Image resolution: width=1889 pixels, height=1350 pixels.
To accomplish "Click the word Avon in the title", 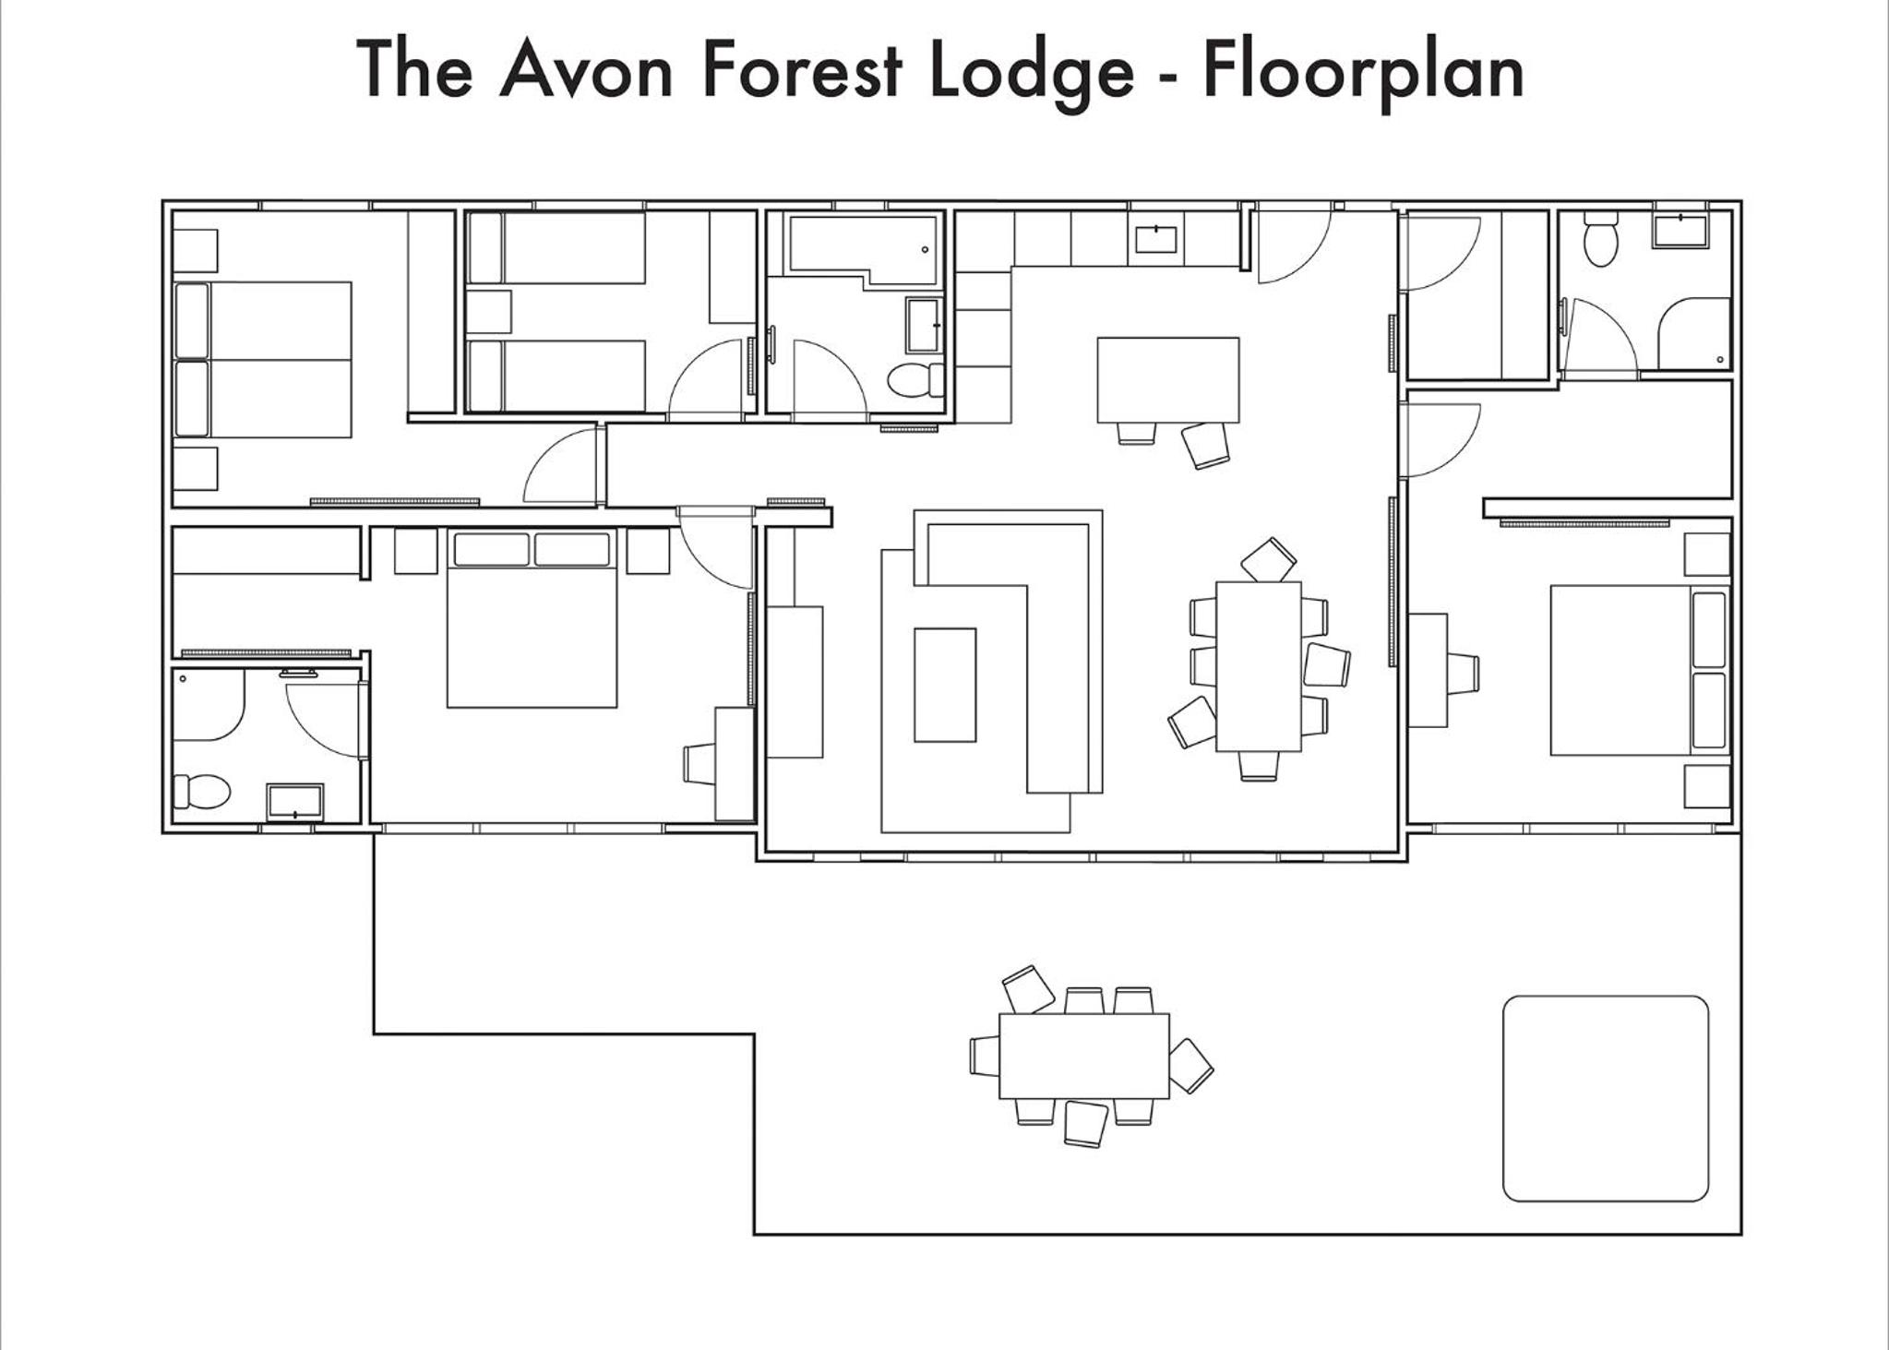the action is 586,70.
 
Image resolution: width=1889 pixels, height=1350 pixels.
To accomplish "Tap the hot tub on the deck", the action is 1606,1098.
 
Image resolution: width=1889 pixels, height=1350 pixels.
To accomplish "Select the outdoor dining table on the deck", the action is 1084,1056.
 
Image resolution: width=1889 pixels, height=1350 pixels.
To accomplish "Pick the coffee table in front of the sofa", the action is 945,685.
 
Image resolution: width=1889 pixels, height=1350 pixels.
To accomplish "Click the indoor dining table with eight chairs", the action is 1259,666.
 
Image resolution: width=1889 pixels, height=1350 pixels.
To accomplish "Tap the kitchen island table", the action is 1168,379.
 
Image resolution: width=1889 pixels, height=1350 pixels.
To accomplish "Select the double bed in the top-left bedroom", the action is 263,359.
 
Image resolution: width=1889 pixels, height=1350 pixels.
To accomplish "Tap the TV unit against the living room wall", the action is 795,682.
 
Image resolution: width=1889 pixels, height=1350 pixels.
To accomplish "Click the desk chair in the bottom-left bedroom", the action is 699,764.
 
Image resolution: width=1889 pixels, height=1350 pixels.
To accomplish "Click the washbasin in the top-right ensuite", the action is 1680,230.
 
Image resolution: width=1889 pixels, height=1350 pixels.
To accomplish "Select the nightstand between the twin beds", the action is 488,312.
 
